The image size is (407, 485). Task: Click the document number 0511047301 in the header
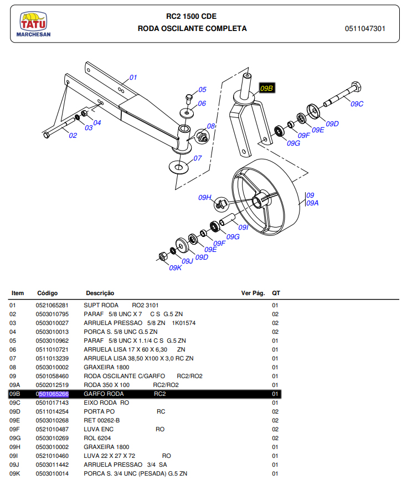(x=365, y=29)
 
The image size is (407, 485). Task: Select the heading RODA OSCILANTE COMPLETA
(x=192, y=29)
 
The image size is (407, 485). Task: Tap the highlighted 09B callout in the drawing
(x=267, y=88)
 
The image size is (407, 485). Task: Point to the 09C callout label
(x=357, y=104)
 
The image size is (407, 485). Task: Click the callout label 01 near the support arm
(x=133, y=78)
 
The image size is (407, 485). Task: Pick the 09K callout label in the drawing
(x=175, y=267)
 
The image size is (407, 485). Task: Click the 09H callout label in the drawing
(x=205, y=198)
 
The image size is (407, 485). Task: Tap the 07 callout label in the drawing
(x=198, y=158)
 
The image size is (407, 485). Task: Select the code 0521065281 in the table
(x=52, y=305)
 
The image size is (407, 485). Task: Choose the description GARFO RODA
(x=100, y=394)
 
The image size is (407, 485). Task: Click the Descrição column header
(x=100, y=293)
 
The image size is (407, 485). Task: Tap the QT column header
(x=276, y=293)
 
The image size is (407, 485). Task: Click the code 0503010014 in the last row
(x=52, y=473)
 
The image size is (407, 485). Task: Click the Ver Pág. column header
(x=253, y=293)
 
